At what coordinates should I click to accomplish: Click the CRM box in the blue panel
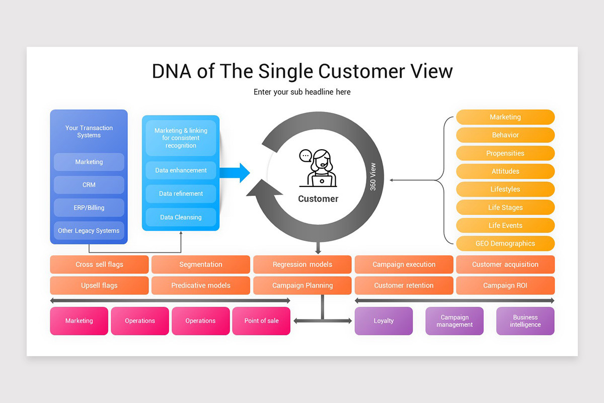[x=89, y=185]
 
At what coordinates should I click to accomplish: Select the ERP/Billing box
[x=89, y=208]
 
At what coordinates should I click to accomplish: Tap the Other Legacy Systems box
[x=89, y=231]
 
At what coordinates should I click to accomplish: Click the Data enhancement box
[x=181, y=170]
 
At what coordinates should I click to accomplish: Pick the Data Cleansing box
[x=181, y=217]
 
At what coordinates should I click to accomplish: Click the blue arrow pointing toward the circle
[x=235, y=173]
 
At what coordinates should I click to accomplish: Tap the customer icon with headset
[x=318, y=169]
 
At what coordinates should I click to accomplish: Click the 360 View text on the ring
[x=373, y=176]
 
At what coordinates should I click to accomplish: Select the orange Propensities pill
[x=505, y=153]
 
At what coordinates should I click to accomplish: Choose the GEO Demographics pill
[x=505, y=243]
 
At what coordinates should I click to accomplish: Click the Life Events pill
[x=505, y=225]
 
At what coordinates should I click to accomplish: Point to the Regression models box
[x=303, y=264]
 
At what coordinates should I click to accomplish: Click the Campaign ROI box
[x=505, y=285]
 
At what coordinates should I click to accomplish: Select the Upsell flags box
[x=99, y=285]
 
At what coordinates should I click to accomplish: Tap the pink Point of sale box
[x=261, y=321]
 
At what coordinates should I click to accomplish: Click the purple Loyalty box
[x=384, y=321]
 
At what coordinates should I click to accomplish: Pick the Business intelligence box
[x=525, y=321]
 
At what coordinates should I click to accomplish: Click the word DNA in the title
[x=172, y=72]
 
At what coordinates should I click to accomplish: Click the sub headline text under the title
[x=302, y=92]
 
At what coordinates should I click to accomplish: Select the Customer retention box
[x=404, y=285]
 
